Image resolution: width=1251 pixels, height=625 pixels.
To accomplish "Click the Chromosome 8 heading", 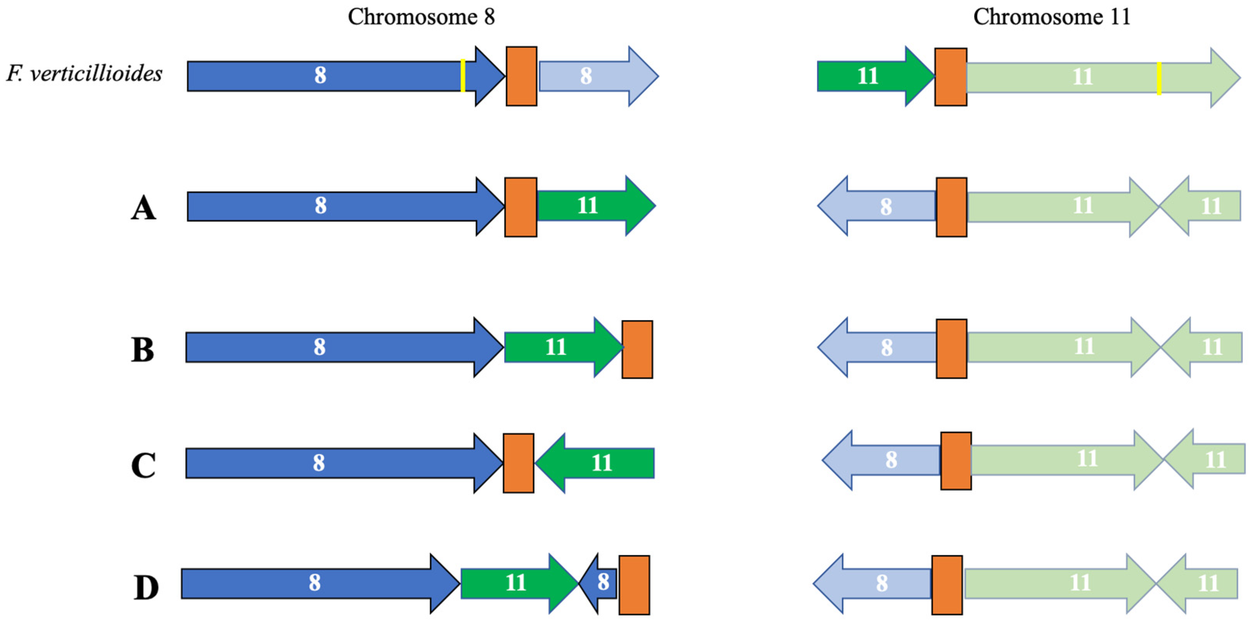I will coord(421,17).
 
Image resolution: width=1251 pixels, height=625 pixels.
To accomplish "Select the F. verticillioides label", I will coord(84,74).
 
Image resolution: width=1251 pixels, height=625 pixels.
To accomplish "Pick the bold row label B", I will coord(143,349).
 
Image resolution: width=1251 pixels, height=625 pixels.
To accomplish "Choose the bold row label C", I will coord(143,465).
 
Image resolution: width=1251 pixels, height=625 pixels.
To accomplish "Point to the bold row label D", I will coord(146,587).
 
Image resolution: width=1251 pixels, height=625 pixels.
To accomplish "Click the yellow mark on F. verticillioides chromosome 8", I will coord(463,76).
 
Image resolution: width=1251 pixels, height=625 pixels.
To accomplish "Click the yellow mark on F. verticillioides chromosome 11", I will coord(1159,78).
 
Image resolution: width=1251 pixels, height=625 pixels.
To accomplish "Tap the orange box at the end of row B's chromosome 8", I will coord(637,349).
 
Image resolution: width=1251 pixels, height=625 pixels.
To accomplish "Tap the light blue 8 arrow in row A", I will coord(879,206).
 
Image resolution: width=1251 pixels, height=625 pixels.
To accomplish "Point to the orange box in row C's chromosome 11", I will coord(956,461).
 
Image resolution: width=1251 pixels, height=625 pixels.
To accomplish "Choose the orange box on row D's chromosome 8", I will coord(634,585).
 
